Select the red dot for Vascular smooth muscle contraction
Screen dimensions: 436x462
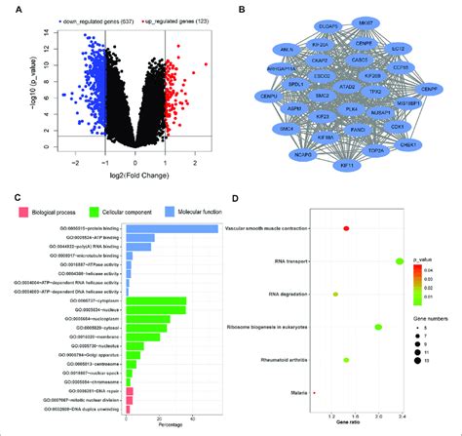click(x=346, y=229)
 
